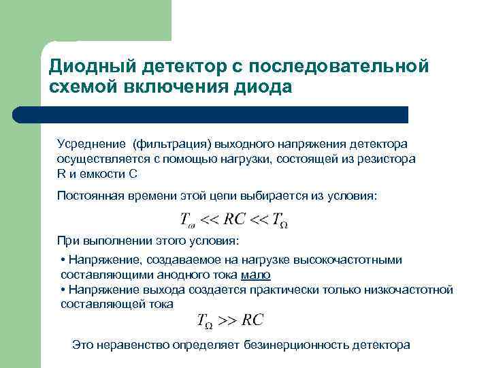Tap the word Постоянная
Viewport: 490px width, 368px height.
click(91, 196)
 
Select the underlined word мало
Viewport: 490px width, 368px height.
click(256, 275)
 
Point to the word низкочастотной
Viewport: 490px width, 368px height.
click(406, 290)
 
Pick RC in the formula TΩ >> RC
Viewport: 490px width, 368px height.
click(252, 320)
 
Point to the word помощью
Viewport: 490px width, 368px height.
click(182, 159)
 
